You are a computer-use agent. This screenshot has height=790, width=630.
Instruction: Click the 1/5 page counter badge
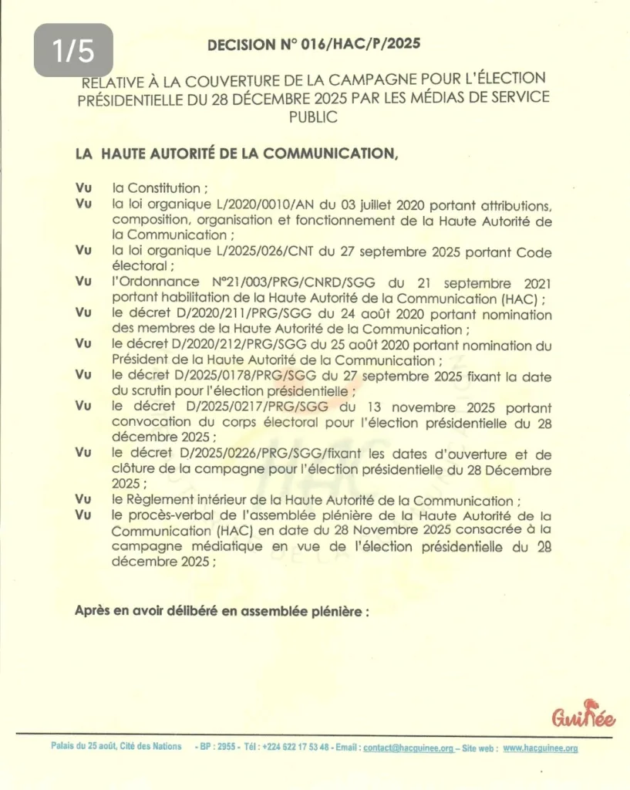click(73, 50)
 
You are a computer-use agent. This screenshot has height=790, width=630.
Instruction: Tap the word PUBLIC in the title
click(313, 116)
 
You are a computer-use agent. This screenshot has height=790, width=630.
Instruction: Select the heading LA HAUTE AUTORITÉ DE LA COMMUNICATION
click(237, 153)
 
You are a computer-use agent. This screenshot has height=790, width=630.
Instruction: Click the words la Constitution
click(159, 187)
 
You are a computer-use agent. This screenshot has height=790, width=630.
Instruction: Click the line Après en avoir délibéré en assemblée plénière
click(222, 610)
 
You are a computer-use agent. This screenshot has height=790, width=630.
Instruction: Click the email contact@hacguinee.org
click(408, 748)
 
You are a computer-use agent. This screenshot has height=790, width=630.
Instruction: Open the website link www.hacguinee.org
click(541, 748)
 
